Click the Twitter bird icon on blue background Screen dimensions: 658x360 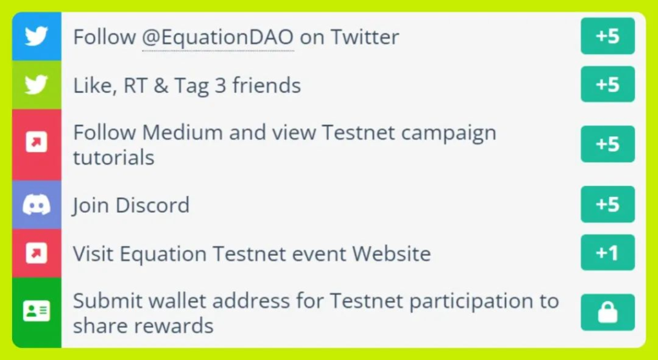point(36,36)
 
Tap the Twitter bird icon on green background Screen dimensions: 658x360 point(36,85)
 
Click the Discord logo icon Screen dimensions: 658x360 point(37,205)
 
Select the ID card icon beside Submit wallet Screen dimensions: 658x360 point(37,311)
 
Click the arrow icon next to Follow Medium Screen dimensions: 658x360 point(37,142)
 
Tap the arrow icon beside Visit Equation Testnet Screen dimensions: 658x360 point(37,253)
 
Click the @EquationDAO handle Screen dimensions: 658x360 point(218,37)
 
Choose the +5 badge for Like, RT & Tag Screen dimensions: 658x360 point(608,84)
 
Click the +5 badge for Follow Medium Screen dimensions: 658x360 point(608,144)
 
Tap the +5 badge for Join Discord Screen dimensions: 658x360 point(608,204)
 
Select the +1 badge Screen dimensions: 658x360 point(608,253)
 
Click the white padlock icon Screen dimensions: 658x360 point(608,312)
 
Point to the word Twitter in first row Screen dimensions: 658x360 point(365,37)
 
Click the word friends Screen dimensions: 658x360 point(267,85)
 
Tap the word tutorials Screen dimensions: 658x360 point(114,157)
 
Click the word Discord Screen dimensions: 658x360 point(152,205)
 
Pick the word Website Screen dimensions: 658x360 point(391,253)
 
